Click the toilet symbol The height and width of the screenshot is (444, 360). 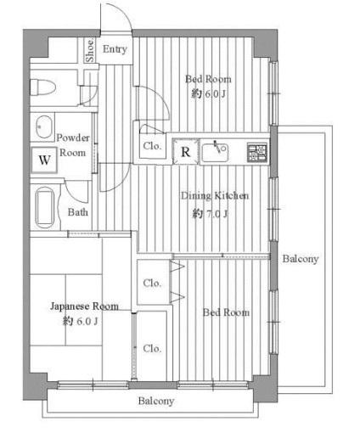coord(42,87)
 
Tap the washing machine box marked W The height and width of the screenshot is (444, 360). coord(44,160)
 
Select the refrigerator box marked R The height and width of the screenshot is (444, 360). coord(186,151)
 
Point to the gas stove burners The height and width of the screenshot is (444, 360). coord(257,153)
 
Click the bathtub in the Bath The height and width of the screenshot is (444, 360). coord(45,207)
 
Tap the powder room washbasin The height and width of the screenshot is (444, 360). coord(43,126)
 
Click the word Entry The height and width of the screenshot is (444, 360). coord(115,49)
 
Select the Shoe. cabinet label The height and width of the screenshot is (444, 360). coord(90,50)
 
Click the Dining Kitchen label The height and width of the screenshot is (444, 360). coord(215,195)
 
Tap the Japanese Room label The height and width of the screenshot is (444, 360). coord(84,306)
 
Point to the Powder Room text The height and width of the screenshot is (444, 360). coord(73,145)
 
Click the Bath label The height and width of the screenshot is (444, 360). coord(77,212)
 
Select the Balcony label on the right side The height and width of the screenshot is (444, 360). coord(301,259)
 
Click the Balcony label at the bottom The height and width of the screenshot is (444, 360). coord(156,401)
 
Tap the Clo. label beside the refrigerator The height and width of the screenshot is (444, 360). coord(152,146)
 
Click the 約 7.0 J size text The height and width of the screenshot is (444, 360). coord(210,213)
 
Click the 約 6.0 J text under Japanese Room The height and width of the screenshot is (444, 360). coord(80,321)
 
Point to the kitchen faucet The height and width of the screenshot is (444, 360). coord(217,146)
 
